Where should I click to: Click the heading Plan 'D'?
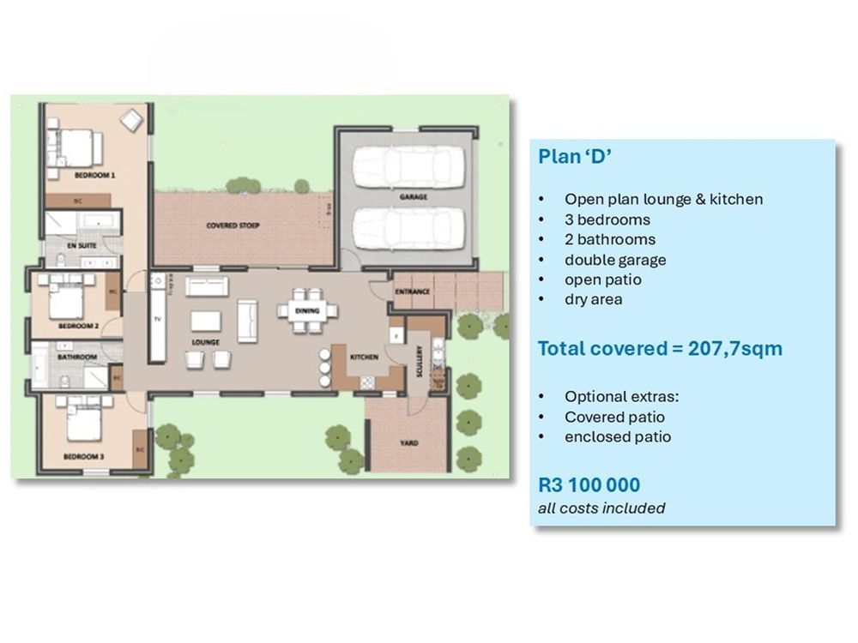coord(574,157)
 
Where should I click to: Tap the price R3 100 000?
coord(589,484)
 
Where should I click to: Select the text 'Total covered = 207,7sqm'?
coord(660,349)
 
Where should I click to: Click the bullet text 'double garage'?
coord(615,259)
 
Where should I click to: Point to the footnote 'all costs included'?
coord(601,508)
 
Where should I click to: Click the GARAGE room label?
coord(413,196)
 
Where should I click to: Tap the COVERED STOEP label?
coord(233,225)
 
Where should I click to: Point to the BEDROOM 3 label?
coord(84,457)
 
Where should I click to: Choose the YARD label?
coord(408,443)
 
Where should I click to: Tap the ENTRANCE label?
coord(412,291)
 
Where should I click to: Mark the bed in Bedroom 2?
coord(67,301)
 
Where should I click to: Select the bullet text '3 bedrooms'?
coord(607,219)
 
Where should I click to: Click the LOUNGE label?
coord(206,342)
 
